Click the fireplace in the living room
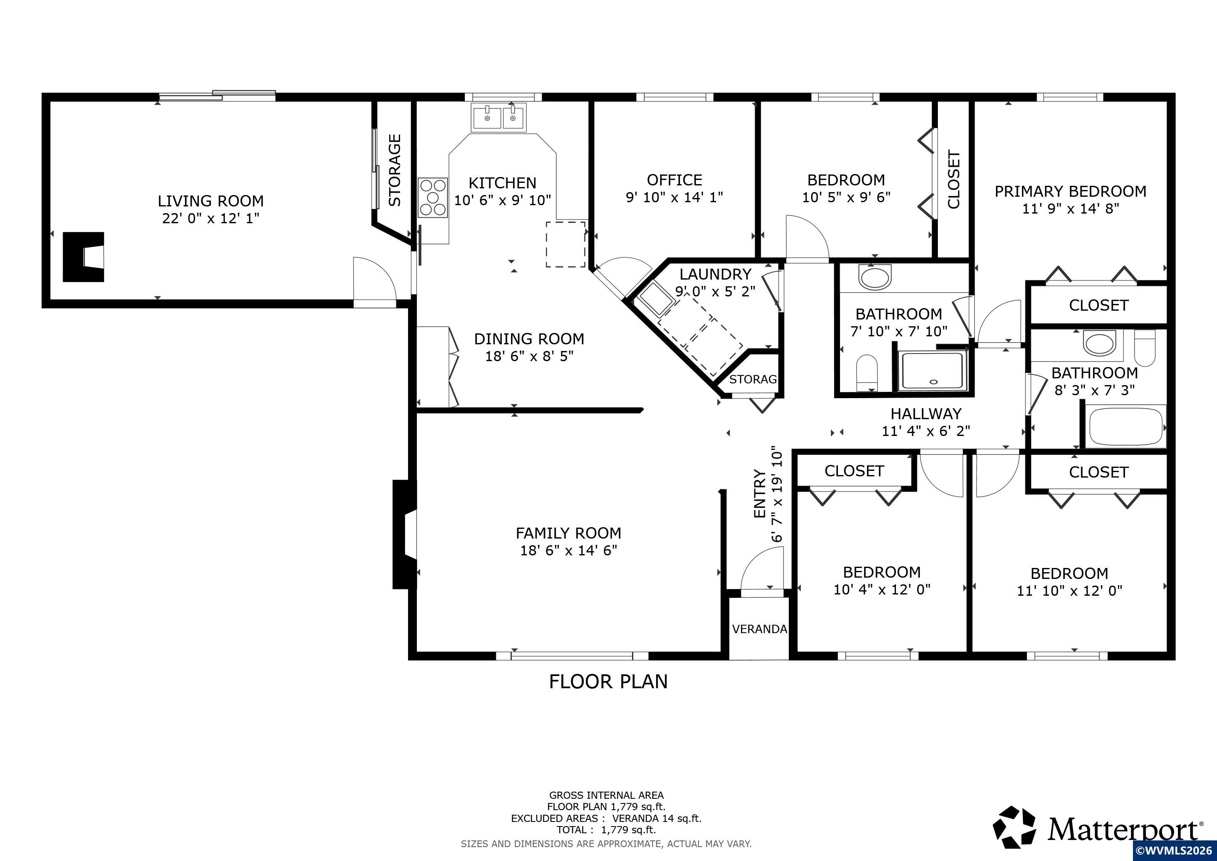click(x=83, y=257)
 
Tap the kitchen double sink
click(x=498, y=117)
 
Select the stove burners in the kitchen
click(x=432, y=197)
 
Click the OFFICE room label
click(x=674, y=180)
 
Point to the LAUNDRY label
click(x=715, y=274)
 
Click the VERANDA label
click(x=759, y=629)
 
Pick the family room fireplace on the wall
click(x=404, y=534)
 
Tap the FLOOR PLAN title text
click(x=608, y=681)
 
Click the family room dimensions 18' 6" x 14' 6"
click(x=569, y=550)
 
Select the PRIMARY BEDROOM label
click(x=1070, y=191)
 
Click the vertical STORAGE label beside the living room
click(x=395, y=170)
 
